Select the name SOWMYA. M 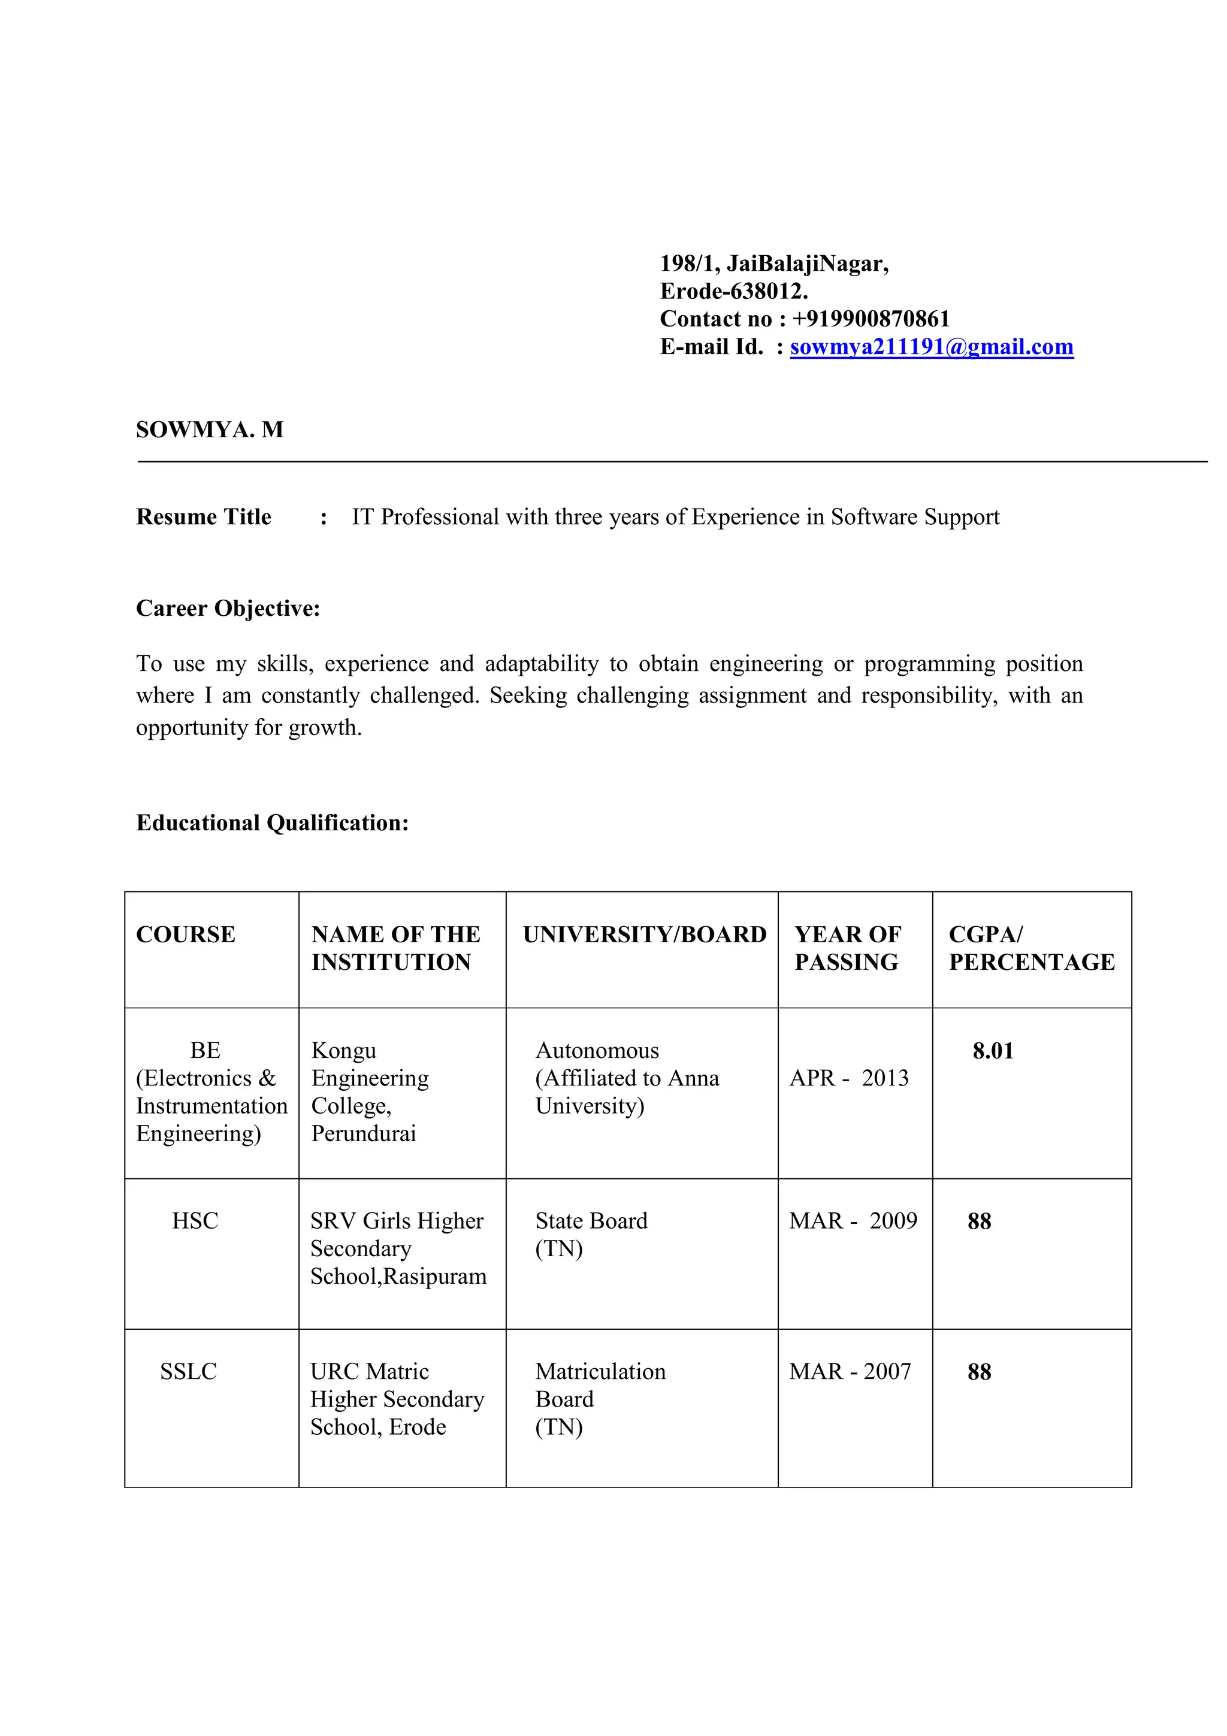tap(210, 430)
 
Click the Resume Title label tap(203, 517)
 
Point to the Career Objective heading tap(228, 608)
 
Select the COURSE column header tap(185, 934)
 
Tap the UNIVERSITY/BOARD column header tap(644, 934)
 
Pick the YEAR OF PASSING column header tap(848, 948)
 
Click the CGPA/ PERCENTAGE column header tap(1031, 948)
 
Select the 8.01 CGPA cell tap(993, 1051)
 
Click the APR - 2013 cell tap(848, 1078)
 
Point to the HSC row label tap(195, 1221)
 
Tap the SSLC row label tap(188, 1372)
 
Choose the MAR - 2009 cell tap(853, 1221)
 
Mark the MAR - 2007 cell tap(850, 1372)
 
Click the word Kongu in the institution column tap(343, 1051)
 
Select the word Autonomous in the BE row tap(597, 1051)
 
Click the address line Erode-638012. tap(733, 291)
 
